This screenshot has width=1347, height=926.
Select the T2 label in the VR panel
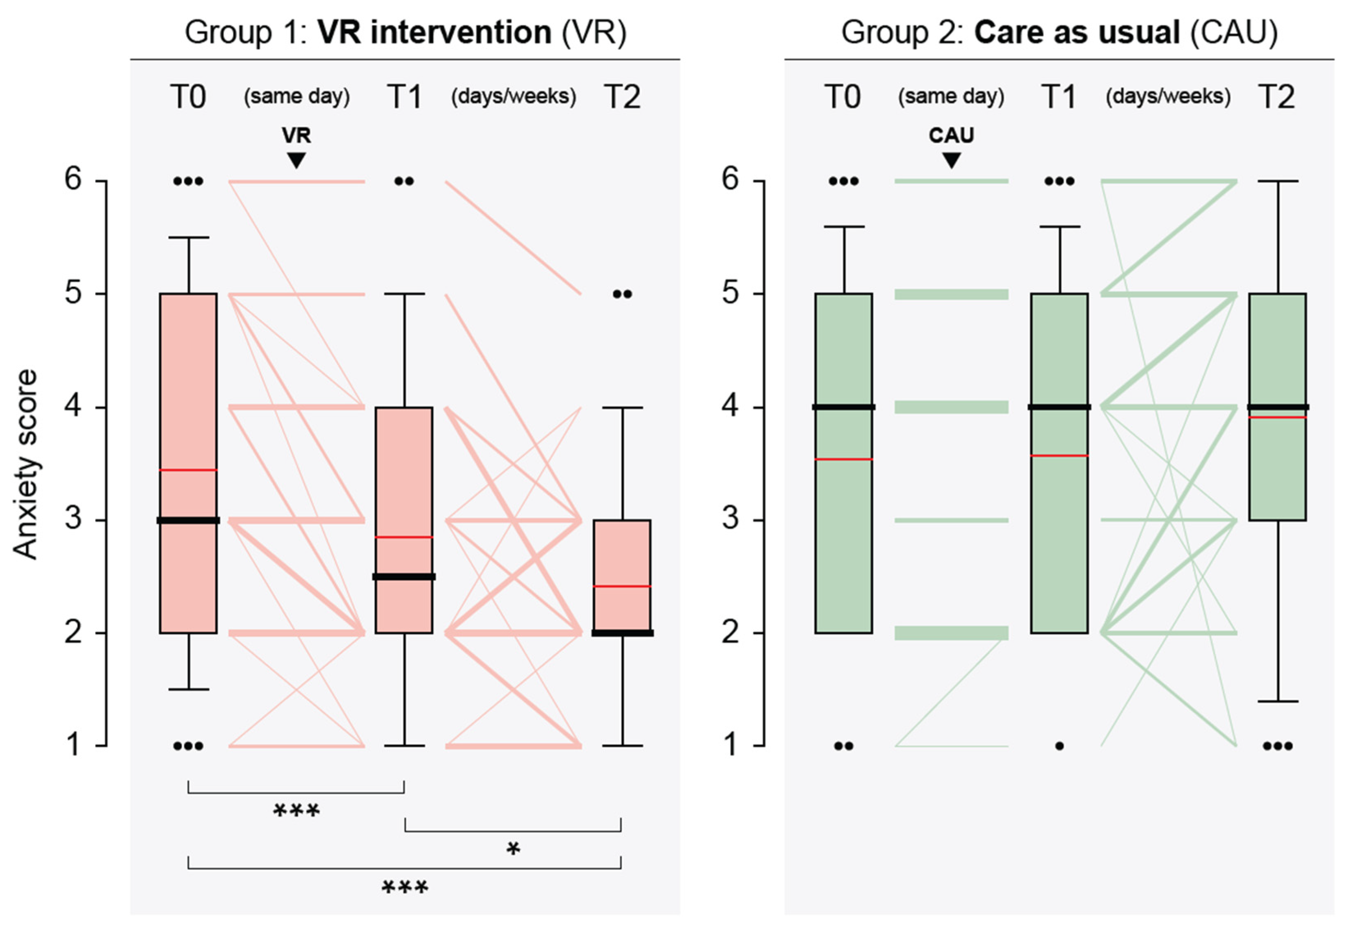pyautogui.click(x=622, y=97)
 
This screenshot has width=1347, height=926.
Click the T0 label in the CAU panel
pyautogui.click(x=842, y=97)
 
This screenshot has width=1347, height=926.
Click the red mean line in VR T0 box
pyautogui.click(x=188, y=470)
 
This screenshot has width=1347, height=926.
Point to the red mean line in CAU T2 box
pyautogui.click(x=1277, y=417)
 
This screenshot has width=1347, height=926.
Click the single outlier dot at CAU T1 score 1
pyautogui.click(x=1059, y=746)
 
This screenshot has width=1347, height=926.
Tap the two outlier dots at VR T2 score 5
pyautogui.click(x=622, y=294)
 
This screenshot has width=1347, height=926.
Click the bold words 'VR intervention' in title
pyautogui.click(x=434, y=32)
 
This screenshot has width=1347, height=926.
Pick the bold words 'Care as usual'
pyautogui.click(x=1077, y=32)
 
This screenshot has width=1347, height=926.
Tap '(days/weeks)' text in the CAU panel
pyautogui.click(x=1168, y=97)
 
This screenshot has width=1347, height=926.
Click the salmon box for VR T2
pyautogui.click(x=622, y=551)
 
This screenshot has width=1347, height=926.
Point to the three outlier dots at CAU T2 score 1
pyautogui.click(x=1277, y=746)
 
